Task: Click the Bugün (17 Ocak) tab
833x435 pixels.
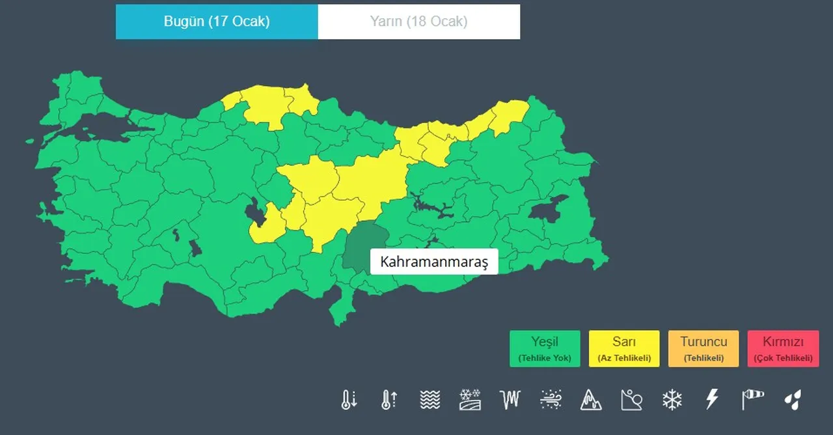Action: pyautogui.click(x=217, y=21)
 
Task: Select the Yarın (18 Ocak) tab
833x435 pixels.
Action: pyautogui.click(x=418, y=21)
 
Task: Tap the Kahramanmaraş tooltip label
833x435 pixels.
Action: pyautogui.click(x=433, y=262)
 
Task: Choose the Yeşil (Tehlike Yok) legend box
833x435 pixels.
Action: pyautogui.click(x=545, y=348)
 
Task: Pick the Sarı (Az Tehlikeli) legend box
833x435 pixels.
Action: pyautogui.click(x=624, y=348)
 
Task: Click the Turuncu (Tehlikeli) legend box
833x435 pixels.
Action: pyautogui.click(x=703, y=348)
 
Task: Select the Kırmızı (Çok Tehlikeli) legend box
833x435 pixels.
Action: pyautogui.click(x=783, y=348)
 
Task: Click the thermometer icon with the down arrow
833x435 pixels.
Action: pyautogui.click(x=349, y=399)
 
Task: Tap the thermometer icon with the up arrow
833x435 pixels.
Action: pyautogui.click(x=389, y=399)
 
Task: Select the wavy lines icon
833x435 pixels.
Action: pyautogui.click(x=430, y=399)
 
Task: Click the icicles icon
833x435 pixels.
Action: pyautogui.click(x=510, y=399)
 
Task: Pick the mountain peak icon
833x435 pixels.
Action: pyautogui.click(x=591, y=399)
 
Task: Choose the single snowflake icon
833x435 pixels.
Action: pyautogui.click(x=672, y=399)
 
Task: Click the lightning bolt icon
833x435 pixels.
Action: pyautogui.click(x=712, y=399)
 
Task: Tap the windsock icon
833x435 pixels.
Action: pyautogui.click(x=752, y=399)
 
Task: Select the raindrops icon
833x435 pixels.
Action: pyautogui.click(x=793, y=399)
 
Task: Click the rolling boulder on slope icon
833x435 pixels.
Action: pyautogui.click(x=631, y=399)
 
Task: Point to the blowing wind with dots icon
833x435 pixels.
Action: pyautogui.click(x=551, y=399)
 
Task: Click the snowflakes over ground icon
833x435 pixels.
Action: pyautogui.click(x=470, y=399)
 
